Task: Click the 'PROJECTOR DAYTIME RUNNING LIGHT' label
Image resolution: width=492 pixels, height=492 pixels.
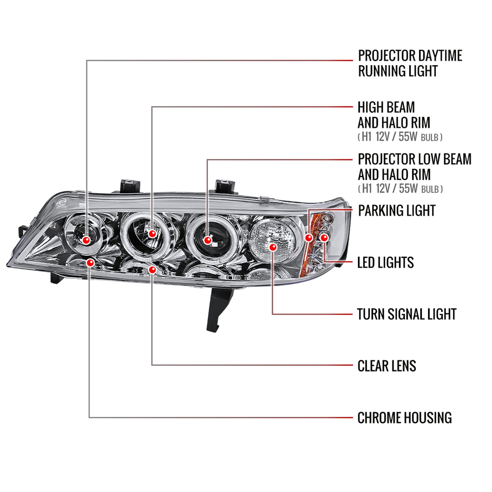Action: click(x=410, y=63)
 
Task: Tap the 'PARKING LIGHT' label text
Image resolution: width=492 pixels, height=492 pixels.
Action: click(x=397, y=211)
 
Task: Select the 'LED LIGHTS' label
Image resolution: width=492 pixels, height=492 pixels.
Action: click(x=385, y=263)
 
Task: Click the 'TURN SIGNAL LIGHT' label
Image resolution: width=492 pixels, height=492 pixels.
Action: click(x=406, y=314)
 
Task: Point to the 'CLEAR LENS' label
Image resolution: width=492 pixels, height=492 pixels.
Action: click(x=387, y=366)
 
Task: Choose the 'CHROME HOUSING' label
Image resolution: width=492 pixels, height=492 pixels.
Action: click(x=404, y=418)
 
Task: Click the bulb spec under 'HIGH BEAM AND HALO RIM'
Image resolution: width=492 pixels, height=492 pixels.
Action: click(x=400, y=137)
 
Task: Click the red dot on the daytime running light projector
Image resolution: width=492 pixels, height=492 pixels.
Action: click(x=86, y=240)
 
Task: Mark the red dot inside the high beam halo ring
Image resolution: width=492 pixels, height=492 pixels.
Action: click(x=152, y=234)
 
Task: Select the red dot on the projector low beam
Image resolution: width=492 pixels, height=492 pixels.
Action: click(x=208, y=240)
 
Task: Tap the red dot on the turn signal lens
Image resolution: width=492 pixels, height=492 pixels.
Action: click(x=273, y=247)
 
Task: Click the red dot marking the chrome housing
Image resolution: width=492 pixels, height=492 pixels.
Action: click(x=90, y=263)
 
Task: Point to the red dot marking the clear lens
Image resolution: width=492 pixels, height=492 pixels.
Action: click(x=152, y=270)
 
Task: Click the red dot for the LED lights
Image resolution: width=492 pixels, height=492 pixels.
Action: click(x=324, y=237)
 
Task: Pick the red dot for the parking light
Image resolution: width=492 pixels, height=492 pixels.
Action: click(x=309, y=238)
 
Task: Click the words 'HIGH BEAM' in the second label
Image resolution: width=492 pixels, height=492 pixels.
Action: click(x=386, y=107)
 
